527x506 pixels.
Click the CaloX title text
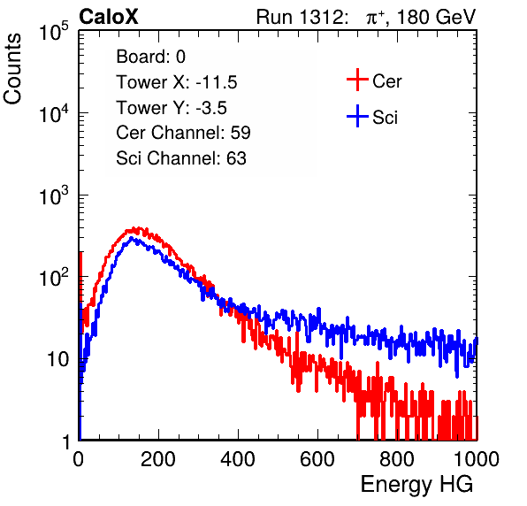pyautogui.click(x=109, y=17)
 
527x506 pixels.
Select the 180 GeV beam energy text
pyautogui.click(x=437, y=18)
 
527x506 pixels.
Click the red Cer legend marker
pyautogui.click(x=357, y=80)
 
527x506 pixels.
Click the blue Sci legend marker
pyautogui.click(x=357, y=116)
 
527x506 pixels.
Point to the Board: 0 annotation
pyautogui.click(x=150, y=57)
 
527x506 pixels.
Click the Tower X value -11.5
pyautogui.click(x=217, y=82)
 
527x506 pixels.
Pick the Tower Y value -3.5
pyautogui.click(x=211, y=108)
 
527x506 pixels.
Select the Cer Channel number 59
pyautogui.click(x=241, y=133)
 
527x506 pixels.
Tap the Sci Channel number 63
pyautogui.click(x=236, y=158)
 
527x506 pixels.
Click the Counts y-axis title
pyautogui.click(x=12, y=69)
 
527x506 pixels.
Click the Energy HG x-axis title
pyautogui.click(x=416, y=485)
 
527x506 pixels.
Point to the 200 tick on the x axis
pyautogui.click(x=158, y=459)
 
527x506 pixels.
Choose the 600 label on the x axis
pyautogui.click(x=317, y=459)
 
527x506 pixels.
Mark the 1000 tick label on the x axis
pyautogui.click(x=477, y=459)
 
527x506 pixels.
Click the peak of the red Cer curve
pyautogui.click(x=135, y=229)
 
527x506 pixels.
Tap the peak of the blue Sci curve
pyautogui.click(x=132, y=238)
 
